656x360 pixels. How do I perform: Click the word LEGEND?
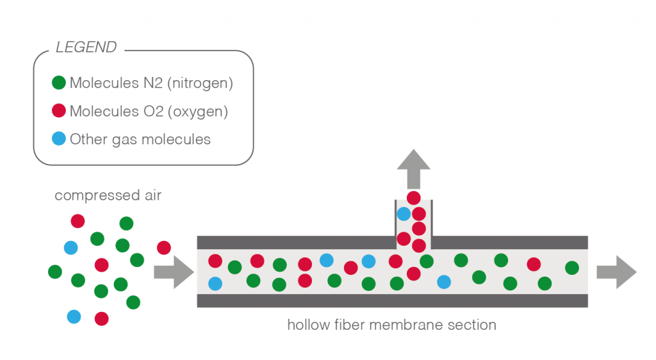86,47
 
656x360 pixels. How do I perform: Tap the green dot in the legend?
59,83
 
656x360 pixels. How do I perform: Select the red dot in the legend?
59,111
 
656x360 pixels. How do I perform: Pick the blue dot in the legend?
59,139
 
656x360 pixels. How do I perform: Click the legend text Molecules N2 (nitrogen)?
151,83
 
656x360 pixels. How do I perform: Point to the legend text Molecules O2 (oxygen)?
149,111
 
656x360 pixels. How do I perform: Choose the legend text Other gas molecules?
140,139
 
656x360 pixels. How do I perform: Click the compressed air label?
108,195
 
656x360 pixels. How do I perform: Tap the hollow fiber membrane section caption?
391,325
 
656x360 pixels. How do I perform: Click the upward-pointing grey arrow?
413,168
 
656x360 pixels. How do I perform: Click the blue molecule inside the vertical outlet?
404,213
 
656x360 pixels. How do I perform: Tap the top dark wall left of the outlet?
295,242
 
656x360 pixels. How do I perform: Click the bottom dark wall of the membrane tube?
392,300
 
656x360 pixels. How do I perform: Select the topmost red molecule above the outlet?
414,198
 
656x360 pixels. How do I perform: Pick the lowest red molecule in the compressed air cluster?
101,318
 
